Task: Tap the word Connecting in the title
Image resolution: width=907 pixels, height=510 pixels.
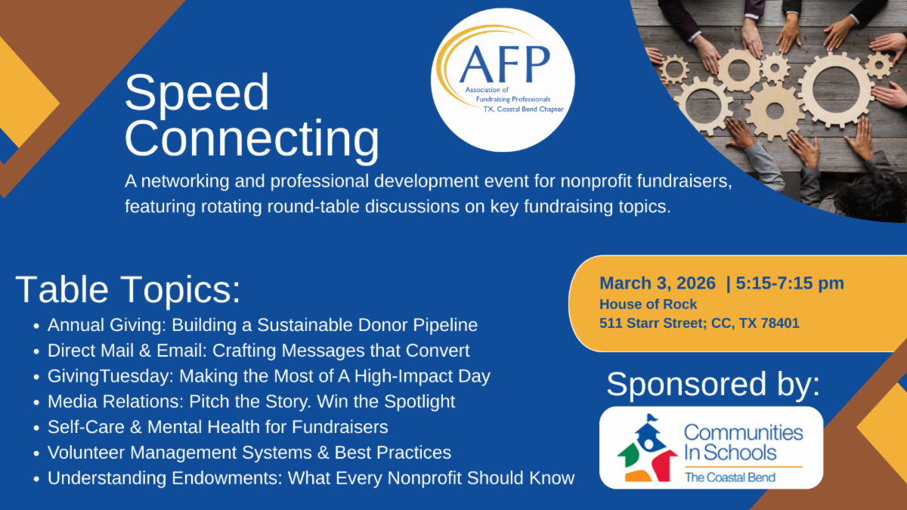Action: click(x=252, y=140)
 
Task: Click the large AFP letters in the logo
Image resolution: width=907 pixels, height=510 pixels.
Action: click(x=505, y=63)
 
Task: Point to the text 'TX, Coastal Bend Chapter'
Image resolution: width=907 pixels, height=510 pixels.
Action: click(x=524, y=109)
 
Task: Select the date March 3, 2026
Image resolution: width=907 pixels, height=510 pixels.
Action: click(x=658, y=283)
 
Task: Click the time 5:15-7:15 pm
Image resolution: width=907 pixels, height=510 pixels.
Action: click(x=790, y=283)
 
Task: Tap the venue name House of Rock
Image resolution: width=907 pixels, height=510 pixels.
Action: click(x=648, y=304)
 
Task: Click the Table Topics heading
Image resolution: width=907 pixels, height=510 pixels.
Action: click(x=128, y=290)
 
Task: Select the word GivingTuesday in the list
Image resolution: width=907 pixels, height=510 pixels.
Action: click(x=110, y=376)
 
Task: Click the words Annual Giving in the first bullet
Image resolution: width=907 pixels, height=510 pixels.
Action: click(x=107, y=326)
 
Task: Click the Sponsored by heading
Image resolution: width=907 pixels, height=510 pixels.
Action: click(x=713, y=384)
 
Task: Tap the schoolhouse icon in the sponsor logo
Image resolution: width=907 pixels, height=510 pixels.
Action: click(x=647, y=448)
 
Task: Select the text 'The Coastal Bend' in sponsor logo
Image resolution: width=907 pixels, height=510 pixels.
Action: click(x=730, y=478)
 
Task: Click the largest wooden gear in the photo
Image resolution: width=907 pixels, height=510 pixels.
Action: click(x=837, y=89)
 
